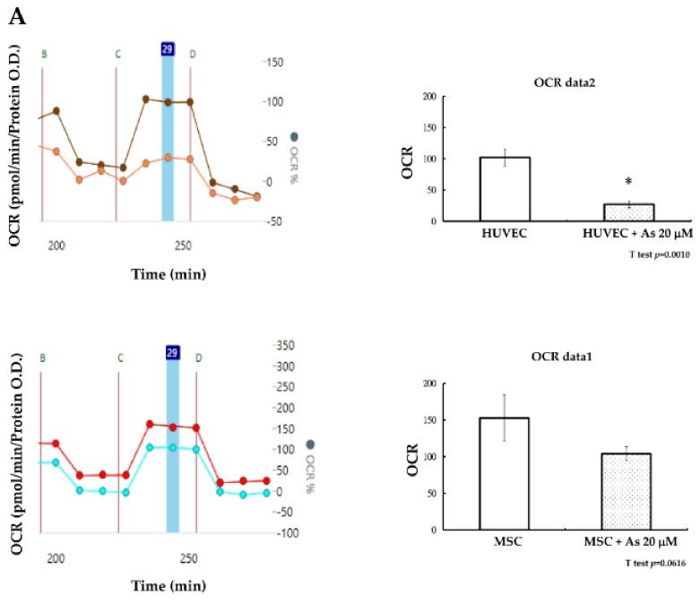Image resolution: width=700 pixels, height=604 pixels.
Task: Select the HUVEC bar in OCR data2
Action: click(x=505, y=189)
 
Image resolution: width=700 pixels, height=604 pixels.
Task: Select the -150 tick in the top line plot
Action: click(x=272, y=62)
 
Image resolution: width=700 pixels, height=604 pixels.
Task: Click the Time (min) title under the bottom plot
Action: click(x=168, y=587)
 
